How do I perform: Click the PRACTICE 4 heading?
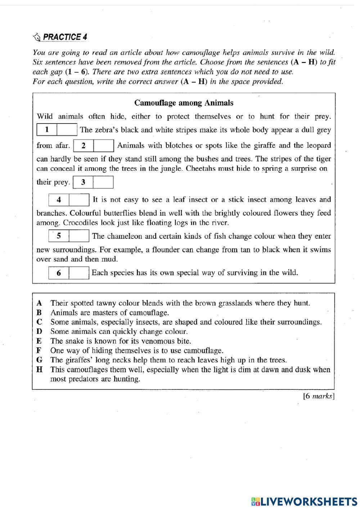(65, 37)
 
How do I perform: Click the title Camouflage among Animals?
(184, 103)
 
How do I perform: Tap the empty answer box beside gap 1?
(67, 130)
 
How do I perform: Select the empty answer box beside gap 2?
(104, 146)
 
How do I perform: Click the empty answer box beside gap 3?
(103, 182)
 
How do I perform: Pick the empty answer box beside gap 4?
(79, 200)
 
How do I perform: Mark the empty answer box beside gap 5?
(79, 236)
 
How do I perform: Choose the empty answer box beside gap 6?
(79, 273)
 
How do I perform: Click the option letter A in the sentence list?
(39, 303)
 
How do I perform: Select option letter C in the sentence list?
(39, 322)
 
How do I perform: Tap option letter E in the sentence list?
(39, 341)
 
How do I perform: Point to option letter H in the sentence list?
(39, 369)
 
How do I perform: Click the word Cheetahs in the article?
(200, 169)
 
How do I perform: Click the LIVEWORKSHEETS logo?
(305, 501)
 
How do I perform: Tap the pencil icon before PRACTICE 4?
(37, 37)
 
